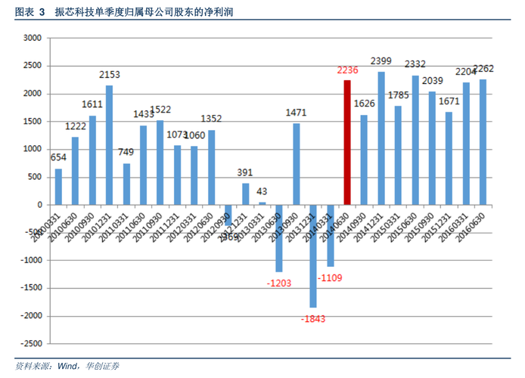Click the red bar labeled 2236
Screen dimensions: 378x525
347,142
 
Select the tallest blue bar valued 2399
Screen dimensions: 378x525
381,138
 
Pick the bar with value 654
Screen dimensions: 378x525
58,186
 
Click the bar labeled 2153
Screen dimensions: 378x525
110,144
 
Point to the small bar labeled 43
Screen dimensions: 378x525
262,203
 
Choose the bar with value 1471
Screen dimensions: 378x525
296,163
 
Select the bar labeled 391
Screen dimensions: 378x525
245,194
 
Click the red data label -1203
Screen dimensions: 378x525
279,283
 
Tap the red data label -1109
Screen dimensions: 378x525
331,277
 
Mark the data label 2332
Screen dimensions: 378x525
415,64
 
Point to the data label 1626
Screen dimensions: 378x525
364,104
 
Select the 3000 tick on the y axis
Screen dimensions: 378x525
33,39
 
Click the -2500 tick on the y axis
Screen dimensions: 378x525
30,343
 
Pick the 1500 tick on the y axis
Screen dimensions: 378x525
33,122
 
